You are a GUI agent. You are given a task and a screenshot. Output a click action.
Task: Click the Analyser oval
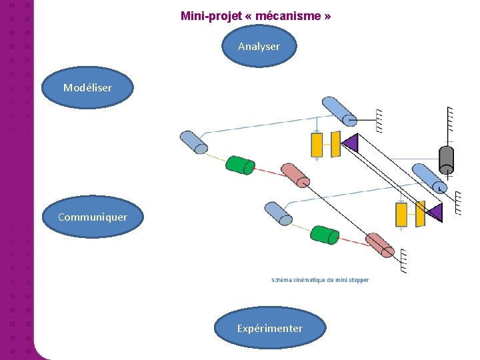point(259,46)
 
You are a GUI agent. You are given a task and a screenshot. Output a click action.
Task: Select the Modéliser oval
point(87,87)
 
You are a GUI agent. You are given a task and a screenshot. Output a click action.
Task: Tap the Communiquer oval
point(92,217)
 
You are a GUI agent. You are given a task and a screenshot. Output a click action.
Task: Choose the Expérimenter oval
point(269,328)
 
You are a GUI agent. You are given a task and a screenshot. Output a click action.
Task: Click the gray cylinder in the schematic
point(446,160)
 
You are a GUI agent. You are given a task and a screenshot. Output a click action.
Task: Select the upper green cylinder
point(240,165)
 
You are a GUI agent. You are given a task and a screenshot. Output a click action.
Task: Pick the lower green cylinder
point(325,235)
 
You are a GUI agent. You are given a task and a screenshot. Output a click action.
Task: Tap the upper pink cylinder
point(295,175)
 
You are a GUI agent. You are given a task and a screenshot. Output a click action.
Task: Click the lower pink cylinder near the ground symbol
point(380,245)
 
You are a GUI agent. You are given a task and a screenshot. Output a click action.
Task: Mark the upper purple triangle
point(350,143)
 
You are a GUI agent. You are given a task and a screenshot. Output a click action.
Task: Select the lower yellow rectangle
point(401,214)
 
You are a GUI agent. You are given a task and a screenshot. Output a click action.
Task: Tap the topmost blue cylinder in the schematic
point(339,111)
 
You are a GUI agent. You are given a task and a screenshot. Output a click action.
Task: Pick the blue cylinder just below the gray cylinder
point(429,177)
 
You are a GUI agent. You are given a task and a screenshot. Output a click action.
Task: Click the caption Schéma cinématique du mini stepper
point(320,280)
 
